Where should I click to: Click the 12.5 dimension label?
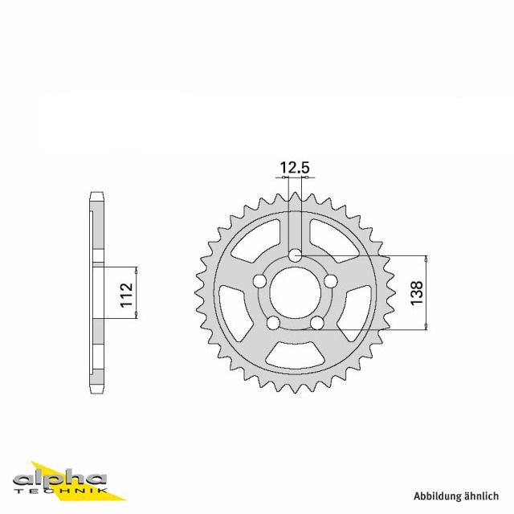tap(295, 168)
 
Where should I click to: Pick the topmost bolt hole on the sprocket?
tap(296, 255)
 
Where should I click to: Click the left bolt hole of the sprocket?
tap(260, 281)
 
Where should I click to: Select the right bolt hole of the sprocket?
tap(331, 281)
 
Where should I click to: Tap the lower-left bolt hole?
tap(274, 323)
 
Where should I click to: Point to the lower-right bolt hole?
tap(317, 323)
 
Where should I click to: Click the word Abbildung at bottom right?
tap(439, 496)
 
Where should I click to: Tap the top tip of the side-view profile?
tap(96, 194)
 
